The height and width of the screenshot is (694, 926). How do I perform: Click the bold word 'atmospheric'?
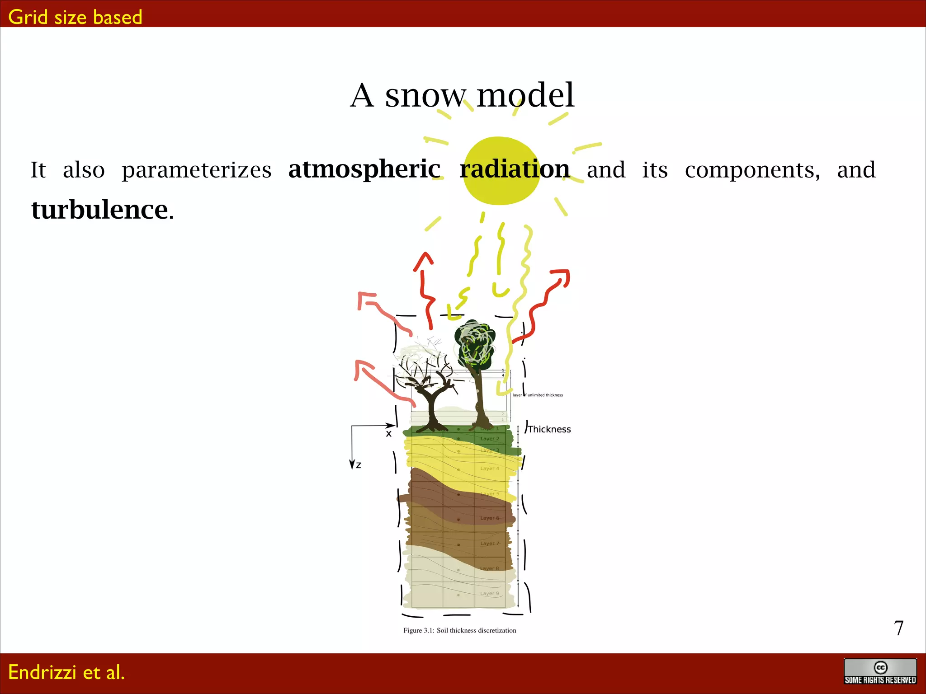coord(364,169)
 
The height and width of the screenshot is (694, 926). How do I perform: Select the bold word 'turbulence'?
coord(99,210)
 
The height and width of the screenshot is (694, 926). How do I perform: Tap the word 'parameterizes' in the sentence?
coord(196,170)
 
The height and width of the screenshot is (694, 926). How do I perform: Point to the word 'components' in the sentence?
coord(752,170)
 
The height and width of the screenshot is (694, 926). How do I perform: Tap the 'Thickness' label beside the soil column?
coord(549,429)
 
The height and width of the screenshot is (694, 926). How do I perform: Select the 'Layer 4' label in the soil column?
coord(490,469)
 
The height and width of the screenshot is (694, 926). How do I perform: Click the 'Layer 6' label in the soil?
coord(490,518)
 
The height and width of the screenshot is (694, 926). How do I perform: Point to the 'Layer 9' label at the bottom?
coord(490,594)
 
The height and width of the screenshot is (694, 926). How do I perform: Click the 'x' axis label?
coord(388,434)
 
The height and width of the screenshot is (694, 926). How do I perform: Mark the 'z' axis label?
coord(359,465)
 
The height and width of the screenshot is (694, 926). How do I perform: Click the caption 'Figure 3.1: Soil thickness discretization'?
coord(459,630)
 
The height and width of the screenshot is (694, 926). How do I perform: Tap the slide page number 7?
coord(898,628)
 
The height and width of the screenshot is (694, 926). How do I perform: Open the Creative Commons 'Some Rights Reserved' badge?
coord(880,672)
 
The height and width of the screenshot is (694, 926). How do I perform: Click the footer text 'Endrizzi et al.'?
coord(66,672)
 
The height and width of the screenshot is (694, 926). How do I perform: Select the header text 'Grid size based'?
coord(75,17)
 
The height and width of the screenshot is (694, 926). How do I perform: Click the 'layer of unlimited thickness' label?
coord(538,395)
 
